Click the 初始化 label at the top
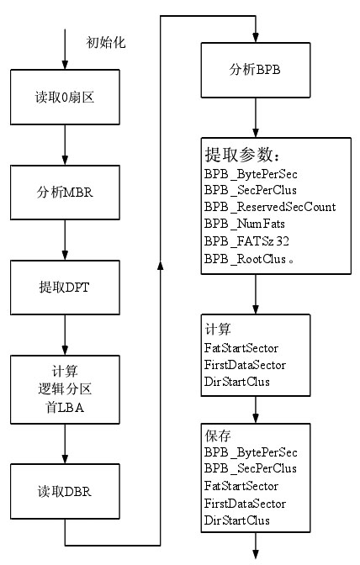(106, 43)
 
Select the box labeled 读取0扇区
(65, 98)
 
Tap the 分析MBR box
(65, 193)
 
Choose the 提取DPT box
(65, 288)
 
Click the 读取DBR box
(65, 492)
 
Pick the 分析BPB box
(256, 70)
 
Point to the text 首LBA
(65, 408)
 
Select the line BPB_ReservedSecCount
(270, 207)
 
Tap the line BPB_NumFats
(244, 224)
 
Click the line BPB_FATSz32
(246, 240)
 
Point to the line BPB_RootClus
(249, 259)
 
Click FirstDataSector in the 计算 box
(245, 365)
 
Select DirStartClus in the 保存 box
(236, 520)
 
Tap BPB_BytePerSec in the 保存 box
(251, 452)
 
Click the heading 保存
(218, 436)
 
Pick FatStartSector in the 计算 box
(241, 348)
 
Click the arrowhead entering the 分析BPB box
(256, 38)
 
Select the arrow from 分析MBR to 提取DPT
(65, 240)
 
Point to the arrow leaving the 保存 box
(256, 546)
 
